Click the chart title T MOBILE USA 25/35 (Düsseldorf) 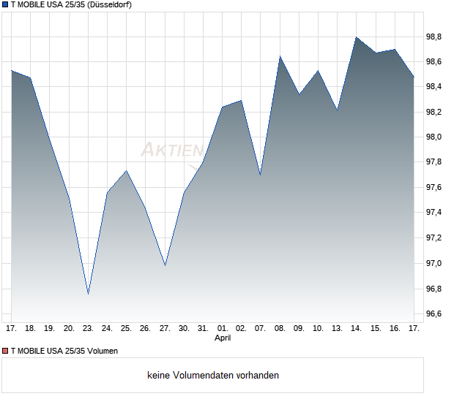click(71, 4)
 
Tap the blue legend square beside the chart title click(5, 4)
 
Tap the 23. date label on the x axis click(88, 328)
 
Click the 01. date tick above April click(223, 328)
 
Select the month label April click(223, 338)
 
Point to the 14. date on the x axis click(357, 328)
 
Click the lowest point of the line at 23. click(88, 294)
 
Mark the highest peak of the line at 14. click(357, 37)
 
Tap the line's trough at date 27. click(165, 265)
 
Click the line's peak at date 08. click(280, 56)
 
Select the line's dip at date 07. click(261, 175)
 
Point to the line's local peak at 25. click(127, 171)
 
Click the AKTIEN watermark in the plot click(172, 150)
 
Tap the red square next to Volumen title click(5, 351)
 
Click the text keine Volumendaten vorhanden click(213, 376)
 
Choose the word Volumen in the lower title click(103, 351)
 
